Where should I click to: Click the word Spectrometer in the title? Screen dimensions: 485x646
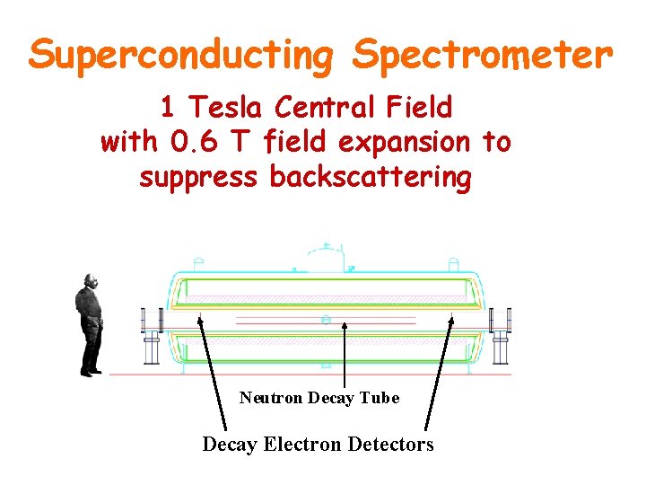(483, 56)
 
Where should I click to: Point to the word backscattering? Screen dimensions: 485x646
(370, 177)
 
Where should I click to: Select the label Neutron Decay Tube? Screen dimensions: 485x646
(319, 397)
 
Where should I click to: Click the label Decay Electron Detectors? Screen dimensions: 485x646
(318, 444)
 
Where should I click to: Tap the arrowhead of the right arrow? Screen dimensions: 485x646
(449, 318)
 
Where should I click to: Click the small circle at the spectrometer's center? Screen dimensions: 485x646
(325, 320)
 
